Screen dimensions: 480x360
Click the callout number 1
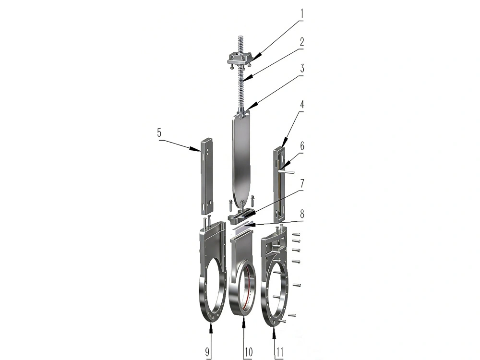(301, 14)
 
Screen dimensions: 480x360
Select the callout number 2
(301, 42)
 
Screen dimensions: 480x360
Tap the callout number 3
(301, 69)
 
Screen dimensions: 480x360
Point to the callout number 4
(302, 104)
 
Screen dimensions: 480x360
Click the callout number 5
(159, 133)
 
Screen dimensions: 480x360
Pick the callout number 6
(302, 146)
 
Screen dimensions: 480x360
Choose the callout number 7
(302, 184)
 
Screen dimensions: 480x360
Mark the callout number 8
(302, 213)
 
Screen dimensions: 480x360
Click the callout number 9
(207, 352)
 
